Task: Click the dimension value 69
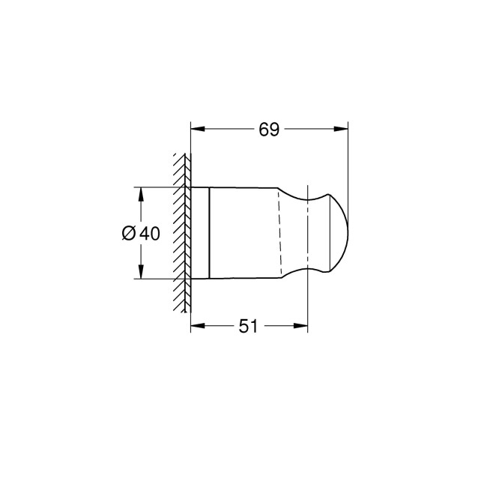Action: point(269,130)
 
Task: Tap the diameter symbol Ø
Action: point(128,234)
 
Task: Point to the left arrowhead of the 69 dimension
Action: point(197,129)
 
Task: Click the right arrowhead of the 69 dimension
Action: point(344,129)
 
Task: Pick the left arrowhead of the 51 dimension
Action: point(197,326)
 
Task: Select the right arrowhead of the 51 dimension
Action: point(303,326)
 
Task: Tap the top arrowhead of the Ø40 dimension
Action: point(141,192)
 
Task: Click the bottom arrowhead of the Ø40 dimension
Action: point(141,273)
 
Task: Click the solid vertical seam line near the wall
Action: point(209,232)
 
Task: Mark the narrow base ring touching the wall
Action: point(200,232)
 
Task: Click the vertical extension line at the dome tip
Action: point(349,165)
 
